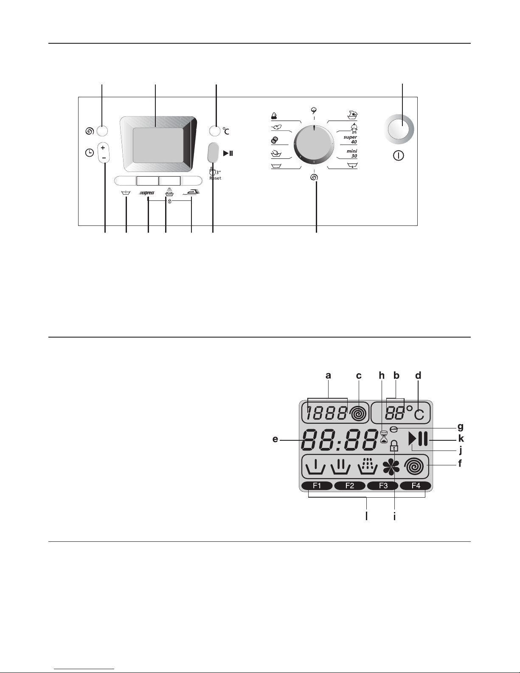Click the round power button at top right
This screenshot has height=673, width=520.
point(399,129)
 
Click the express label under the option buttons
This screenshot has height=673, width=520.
point(146,193)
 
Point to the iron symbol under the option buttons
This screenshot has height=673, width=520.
point(191,192)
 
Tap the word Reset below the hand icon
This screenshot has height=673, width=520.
point(215,178)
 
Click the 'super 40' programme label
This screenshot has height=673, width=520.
point(350,139)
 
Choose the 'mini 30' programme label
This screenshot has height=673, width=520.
point(352,154)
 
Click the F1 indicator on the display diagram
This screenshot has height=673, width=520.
point(317,486)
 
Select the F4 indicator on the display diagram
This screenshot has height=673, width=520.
point(416,486)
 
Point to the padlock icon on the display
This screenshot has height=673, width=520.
point(394,446)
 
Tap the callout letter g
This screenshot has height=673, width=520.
point(461,427)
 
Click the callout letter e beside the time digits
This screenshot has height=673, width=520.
point(275,439)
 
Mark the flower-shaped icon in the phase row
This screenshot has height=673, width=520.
point(391,467)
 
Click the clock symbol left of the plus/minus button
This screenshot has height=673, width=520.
point(90,153)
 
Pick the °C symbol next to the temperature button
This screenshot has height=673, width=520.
point(226,131)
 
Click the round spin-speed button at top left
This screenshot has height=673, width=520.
point(102,131)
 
